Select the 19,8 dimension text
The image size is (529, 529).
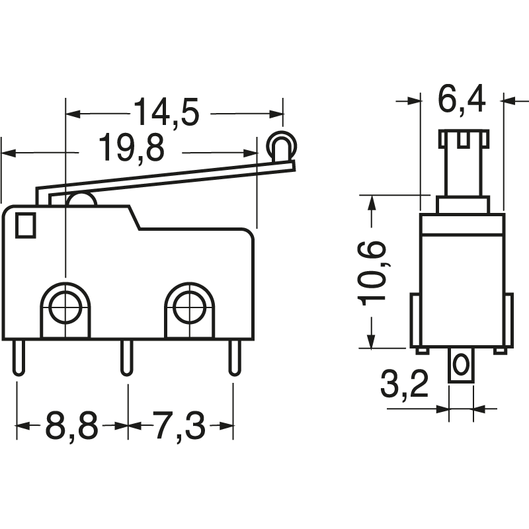pos(132,149)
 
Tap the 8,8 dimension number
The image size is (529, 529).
pos(71,426)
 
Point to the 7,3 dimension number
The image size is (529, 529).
pos(179,426)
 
